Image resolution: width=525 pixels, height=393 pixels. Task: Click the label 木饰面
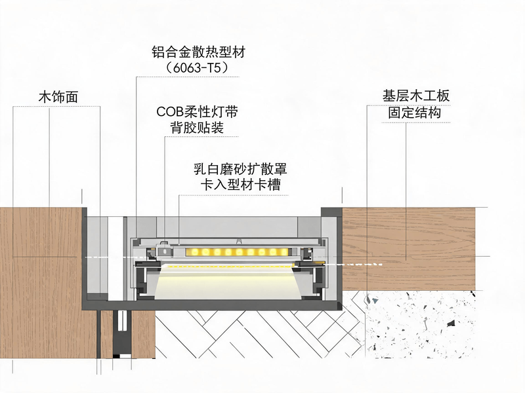point(58,97)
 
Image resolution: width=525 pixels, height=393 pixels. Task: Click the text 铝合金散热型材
point(199,52)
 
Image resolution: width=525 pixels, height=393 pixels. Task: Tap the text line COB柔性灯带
point(198,111)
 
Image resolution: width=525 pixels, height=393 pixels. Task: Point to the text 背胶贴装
point(198,127)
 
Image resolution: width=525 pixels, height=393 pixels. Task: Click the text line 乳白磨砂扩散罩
point(240,169)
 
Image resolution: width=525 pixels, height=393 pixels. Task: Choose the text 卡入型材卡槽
point(240,185)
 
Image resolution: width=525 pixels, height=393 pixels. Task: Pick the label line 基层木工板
point(416,96)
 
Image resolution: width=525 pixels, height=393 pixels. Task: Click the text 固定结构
point(415,112)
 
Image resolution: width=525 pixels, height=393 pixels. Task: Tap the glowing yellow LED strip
point(236,252)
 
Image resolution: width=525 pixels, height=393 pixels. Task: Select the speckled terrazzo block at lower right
point(420,324)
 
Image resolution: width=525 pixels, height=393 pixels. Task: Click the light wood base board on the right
point(409,249)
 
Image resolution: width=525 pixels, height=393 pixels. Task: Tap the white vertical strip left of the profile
point(115,257)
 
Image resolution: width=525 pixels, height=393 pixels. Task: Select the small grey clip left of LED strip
point(164,250)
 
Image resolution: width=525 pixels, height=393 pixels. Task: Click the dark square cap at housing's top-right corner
point(331,212)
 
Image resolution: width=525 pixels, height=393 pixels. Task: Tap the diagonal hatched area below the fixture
point(258,334)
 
